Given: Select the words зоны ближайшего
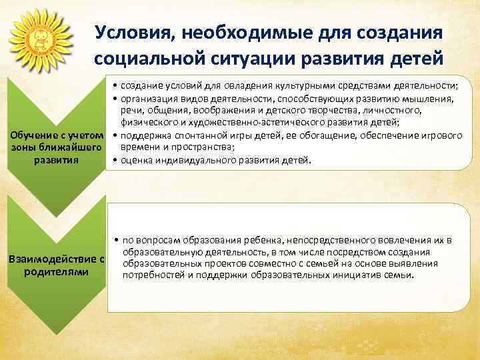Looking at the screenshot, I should (x=57, y=148).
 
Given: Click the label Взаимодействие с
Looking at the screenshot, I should (x=57, y=259).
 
